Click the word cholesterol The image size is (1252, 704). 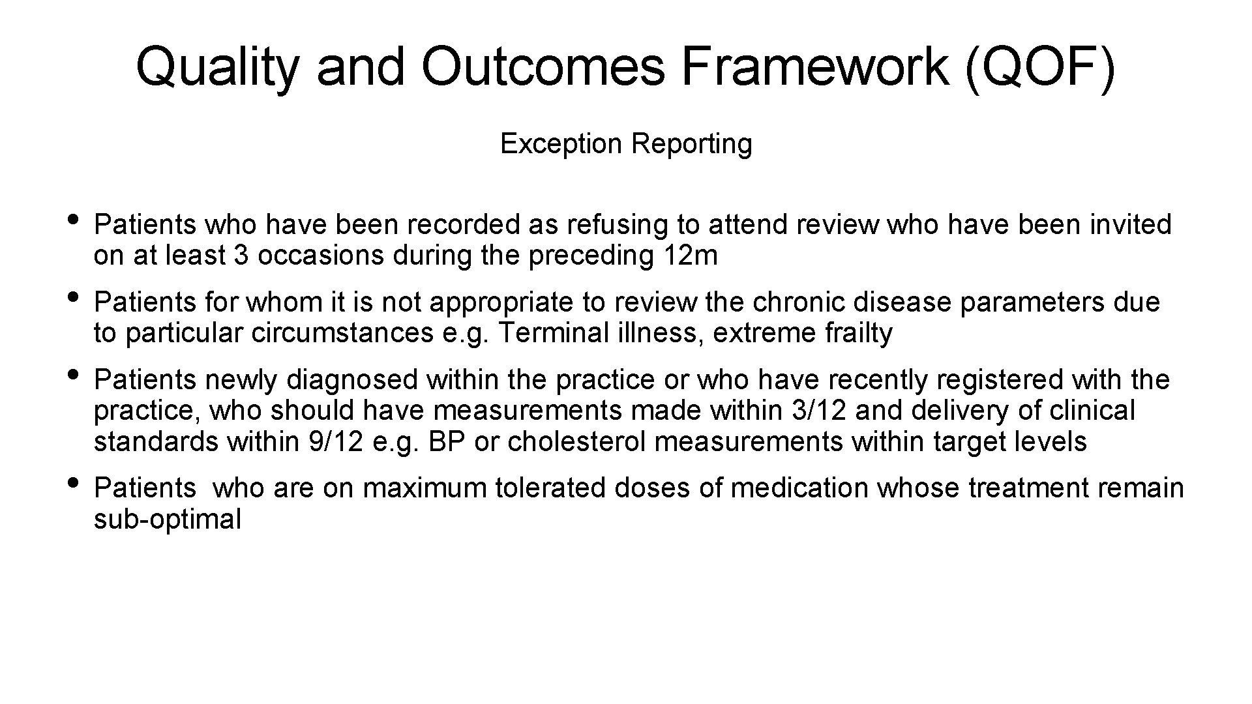[576, 442]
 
